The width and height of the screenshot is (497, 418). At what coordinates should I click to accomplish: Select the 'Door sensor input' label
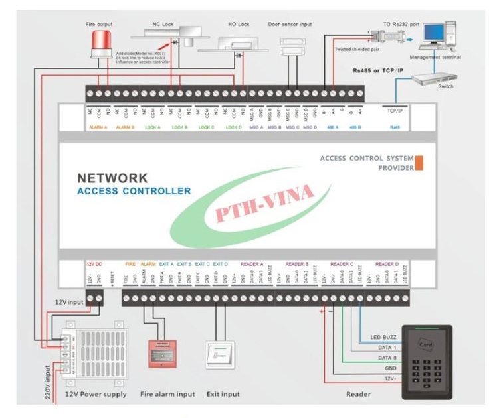290,25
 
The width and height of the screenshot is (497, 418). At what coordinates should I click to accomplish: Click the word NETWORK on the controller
112,178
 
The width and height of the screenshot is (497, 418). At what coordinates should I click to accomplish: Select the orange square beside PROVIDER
419,163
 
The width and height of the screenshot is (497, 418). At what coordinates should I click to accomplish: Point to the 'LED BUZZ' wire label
383,337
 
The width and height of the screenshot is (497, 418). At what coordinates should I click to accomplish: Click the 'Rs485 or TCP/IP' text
387,67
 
